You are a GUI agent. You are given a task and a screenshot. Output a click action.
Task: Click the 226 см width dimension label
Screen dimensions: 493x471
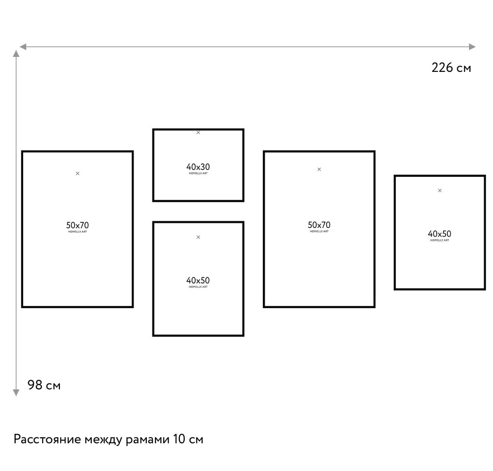pyautogui.click(x=451, y=68)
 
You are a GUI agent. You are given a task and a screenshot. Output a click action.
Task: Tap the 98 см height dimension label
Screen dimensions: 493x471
pyautogui.click(x=44, y=385)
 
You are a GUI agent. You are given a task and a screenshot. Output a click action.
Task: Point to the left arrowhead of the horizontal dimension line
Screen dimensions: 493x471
pyautogui.click(x=23, y=47)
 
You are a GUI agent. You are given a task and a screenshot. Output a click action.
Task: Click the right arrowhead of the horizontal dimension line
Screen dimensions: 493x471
pyautogui.click(x=472, y=47)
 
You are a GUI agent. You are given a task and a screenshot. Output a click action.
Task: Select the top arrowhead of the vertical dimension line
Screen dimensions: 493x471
pyautogui.click(x=16, y=54)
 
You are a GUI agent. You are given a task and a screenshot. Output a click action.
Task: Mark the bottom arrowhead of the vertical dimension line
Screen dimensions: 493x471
pyautogui.click(x=16, y=393)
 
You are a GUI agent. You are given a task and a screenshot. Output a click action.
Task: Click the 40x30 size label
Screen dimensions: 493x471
pyautogui.click(x=198, y=167)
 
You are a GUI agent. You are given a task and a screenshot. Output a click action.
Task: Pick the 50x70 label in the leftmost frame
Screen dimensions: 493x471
pyautogui.click(x=78, y=225)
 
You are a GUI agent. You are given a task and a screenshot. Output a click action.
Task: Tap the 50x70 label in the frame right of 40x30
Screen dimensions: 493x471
pyautogui.click(x=319, y=225)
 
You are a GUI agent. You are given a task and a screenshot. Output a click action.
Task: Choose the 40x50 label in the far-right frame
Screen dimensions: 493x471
pyautogui.click(x=439, y=234)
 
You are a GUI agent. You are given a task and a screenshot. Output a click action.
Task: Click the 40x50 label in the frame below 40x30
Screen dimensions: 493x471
pyautogui.click(x=198, y=280)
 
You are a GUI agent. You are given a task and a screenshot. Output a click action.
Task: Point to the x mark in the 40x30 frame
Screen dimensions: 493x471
pyautogui.click(x=199, y=133)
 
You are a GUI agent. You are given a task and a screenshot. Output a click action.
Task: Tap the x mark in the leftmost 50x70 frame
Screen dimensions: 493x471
pyautogui.click(x=78, y=173)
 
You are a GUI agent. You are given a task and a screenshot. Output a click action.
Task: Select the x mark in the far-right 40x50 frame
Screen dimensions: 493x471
pyautogui.click(x=440, y=191)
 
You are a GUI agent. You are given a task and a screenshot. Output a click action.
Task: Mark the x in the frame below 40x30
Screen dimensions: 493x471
pyautogui.click(x=199, y=237)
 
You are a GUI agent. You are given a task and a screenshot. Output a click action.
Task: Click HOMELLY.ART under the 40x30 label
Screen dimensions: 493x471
pyautogui.click(x=198, y=173)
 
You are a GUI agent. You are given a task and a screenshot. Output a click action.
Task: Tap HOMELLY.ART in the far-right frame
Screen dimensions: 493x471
pyautogui.click(x=440, y=240)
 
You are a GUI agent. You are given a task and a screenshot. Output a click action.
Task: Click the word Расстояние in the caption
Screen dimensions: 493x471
pyautogui.click(x=47, y=439)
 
